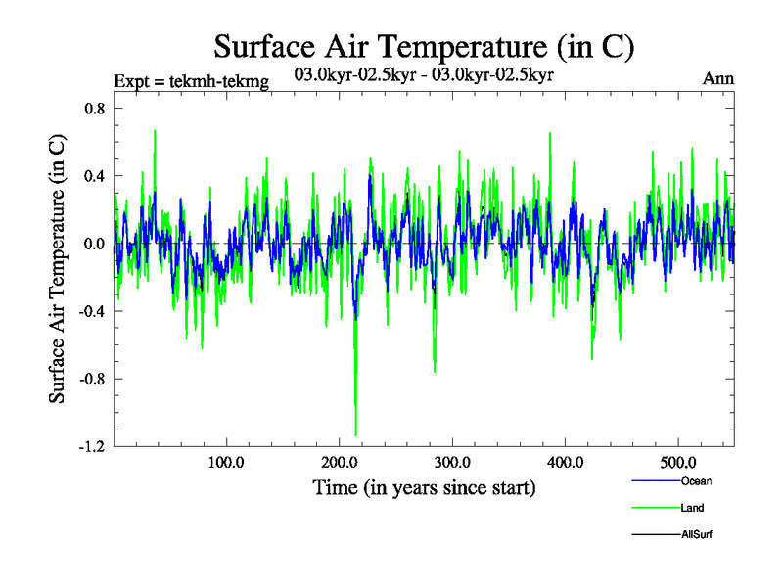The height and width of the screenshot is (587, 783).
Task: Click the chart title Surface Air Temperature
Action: point(425,45)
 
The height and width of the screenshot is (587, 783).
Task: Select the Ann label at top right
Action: point(718,79)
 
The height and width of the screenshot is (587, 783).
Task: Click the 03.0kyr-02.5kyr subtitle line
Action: point(424,74)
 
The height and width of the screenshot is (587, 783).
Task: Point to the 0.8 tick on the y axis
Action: point(93,109)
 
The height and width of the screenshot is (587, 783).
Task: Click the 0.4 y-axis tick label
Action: point(93,176)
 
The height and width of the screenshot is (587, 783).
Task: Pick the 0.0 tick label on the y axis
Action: point(93,244)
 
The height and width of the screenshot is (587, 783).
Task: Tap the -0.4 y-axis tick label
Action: point(91,311)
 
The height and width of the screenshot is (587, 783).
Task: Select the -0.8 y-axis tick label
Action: point(91,379)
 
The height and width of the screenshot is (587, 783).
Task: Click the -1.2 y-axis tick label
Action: point(91,446)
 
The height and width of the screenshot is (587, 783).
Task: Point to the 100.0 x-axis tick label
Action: point(226,461)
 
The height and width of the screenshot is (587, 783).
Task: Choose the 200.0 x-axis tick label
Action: point(339,461)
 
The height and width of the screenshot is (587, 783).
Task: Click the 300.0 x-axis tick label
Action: point(452,461)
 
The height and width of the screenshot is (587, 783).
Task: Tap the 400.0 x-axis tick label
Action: point(565,461)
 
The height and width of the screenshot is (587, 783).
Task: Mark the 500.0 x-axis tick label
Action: point(678,461)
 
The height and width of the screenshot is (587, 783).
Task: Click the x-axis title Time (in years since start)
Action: point(424,486)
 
